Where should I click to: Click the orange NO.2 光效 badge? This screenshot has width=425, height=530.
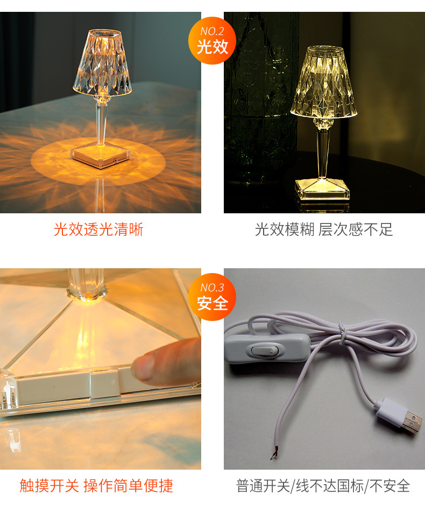pyautogui.click(x=212, y=40)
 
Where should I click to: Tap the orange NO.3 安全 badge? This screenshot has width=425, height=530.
pyautogui.click(x=212, y=297)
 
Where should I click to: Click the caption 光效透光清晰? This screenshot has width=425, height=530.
pyautogui.click(x=98, y=229)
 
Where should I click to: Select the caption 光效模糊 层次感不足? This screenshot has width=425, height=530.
pyautogui.click(x=324, y=229)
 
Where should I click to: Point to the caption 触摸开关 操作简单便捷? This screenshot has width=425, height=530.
pyautogui.click(x=97, y=486)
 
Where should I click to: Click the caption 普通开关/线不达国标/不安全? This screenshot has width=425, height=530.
pyautogui.click(x=323, y=486)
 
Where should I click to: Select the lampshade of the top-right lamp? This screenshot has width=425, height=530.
pyautogui.click(x=323, y=83)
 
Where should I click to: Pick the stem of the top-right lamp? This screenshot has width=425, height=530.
pyautogui.click(x=323, y=154)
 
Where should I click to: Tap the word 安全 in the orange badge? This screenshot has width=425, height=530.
pyautogui.click(x=212, y=303)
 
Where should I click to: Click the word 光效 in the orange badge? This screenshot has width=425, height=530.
pyautogui.click(x=212, y=47)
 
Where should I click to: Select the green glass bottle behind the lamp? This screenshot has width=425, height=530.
pyautogui.click(x=258, y=97)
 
